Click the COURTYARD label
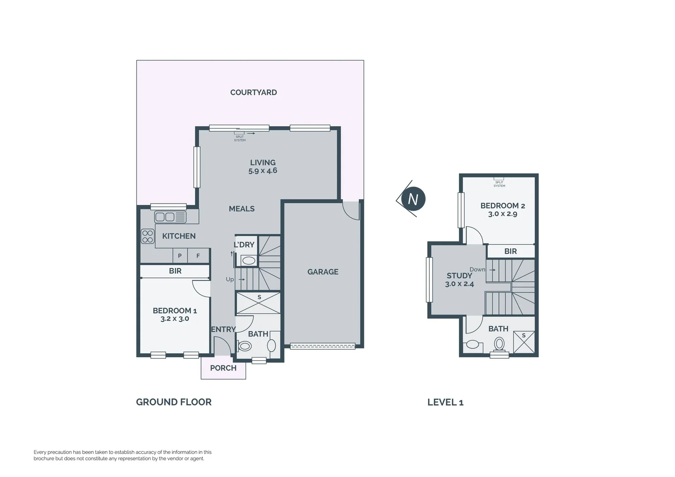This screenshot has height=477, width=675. [253, 92]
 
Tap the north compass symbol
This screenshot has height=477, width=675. [413, 199]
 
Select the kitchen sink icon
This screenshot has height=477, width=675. [170, 217]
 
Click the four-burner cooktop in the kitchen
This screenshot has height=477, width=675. [148, 236]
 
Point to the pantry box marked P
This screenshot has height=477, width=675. [180, 256]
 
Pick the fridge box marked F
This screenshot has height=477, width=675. [198, 256]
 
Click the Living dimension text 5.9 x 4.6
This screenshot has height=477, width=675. [262, 171]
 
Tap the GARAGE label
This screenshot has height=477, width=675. [322, 272]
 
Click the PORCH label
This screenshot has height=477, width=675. [223, 368]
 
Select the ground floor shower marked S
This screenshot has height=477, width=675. [259, 303]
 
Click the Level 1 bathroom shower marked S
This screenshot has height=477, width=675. [524, 342]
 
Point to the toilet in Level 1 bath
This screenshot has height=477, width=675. [499, 344]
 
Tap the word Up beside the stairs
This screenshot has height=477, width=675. [230, 280]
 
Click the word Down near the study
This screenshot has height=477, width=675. [477, 269]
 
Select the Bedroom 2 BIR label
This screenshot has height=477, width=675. [510, 251]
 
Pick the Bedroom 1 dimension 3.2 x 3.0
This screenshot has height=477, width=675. [174, 319]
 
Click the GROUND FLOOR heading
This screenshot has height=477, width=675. [174, 402]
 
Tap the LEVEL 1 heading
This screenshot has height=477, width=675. [445, 402]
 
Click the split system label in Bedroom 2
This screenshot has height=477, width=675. [499, 184]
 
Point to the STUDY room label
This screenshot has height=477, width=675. [459, 276]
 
